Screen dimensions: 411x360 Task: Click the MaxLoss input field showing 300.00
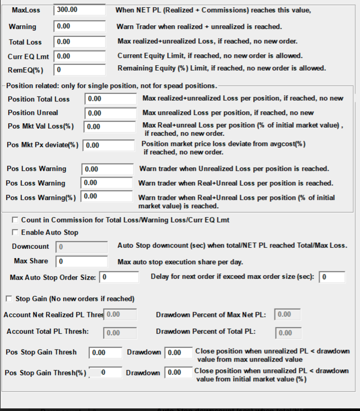coord(79,10)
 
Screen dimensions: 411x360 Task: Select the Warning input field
coord(79,26)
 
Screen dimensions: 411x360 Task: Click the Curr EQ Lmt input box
coord(79,56)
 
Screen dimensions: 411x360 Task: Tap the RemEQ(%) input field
coord(79,70)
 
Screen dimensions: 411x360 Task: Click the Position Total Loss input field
coord(111,99)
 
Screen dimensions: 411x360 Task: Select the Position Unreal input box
coord(111,113)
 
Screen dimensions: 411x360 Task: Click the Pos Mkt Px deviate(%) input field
coord(109,145)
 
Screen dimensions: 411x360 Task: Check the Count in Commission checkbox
coord(15,220)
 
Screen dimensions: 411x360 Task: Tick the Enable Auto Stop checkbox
coord(15,232)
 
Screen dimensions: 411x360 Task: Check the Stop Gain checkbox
coord(9,299)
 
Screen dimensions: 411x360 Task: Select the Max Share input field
coord(82,261)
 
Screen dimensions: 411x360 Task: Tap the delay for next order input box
coord(332,277)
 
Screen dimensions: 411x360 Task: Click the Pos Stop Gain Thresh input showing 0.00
coord(105,353)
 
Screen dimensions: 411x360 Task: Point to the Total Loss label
coord(25,42)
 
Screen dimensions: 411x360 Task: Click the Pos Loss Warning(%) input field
coord(107,196)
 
